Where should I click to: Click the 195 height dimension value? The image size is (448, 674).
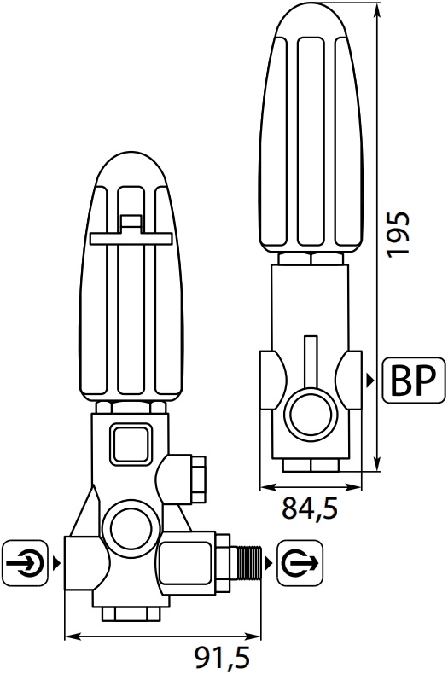pyautogui.click(x=397, y=235)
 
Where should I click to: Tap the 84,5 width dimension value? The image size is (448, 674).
pyautogui.click(x=310, y=508)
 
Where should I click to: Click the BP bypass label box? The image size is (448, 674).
pyautogui.click(x=414, y=380)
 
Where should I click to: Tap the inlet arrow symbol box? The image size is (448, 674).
pyautogui.click(x=25, y=562)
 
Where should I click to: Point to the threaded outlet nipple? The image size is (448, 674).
pyautogui.click(x=250, y=562)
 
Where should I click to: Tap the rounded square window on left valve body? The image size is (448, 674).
pyautogui.click(x=131, y=444)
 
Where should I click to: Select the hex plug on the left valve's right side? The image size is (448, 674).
pyautogui.click(x=198, y=479)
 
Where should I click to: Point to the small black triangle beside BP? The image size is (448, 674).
pyautogui.click(x=369, y=380)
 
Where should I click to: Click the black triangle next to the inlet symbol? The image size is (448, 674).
pyautogui.click(x=55, y=562)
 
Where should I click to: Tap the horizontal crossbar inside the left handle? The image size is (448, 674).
pyautogui.click(x=131, y=239)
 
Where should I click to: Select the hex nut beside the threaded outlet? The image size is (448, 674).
pyautogui.click(x=223, y=563)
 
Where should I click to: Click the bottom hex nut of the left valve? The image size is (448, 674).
pyautogui.click(x=131, y=614)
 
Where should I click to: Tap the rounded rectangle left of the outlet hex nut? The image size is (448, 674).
pyautogui.click(x=186, y=563)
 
